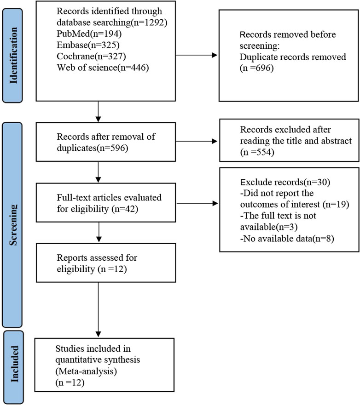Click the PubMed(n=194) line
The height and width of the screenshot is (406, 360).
89,34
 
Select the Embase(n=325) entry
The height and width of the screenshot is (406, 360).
88,45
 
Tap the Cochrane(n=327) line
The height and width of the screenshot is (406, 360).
91,57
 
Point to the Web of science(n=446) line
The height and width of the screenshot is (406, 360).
103,68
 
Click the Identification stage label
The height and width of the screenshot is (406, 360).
13,56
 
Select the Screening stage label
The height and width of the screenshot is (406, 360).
13,225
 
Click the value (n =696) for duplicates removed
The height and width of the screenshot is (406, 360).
256,68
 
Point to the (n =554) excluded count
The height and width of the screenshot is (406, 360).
257,152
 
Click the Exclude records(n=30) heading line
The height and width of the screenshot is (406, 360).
285,182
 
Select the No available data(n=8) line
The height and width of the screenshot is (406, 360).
287,239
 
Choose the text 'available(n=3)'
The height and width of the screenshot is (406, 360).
268,227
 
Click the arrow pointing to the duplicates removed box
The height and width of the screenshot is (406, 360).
197,55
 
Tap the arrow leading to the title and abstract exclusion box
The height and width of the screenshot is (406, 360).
197,141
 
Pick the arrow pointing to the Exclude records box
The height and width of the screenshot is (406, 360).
197,204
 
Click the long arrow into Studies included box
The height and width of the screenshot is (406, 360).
98,310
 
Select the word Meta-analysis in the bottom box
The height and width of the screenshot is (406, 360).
86,372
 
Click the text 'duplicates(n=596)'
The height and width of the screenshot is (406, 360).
92,148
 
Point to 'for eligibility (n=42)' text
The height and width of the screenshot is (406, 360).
98,209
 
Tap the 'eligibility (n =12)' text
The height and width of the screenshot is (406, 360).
92,269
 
